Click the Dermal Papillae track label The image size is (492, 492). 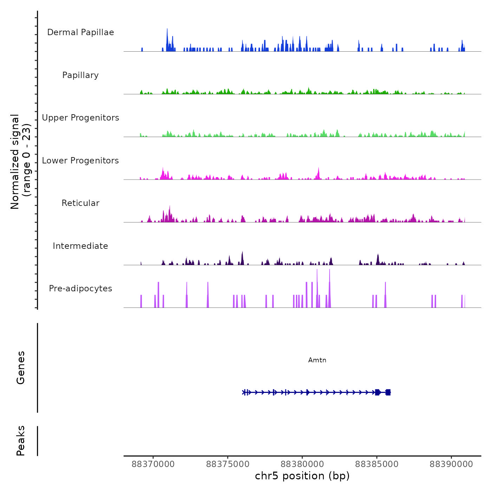80,32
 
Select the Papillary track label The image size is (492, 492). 80,75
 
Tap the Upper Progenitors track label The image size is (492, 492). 80,118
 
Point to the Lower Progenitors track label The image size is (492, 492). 80,161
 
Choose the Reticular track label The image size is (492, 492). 80,203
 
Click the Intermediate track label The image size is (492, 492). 80,246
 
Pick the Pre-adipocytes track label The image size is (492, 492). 80,289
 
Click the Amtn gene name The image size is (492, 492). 317,360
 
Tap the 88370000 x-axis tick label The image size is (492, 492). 153,464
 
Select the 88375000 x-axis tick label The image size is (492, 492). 228,464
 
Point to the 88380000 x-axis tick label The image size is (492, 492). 302,464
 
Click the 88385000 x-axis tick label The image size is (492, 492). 377,464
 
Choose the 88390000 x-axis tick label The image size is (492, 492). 451,464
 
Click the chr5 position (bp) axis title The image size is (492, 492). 302,476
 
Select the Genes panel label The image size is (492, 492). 21,368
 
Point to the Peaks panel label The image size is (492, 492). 21,441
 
